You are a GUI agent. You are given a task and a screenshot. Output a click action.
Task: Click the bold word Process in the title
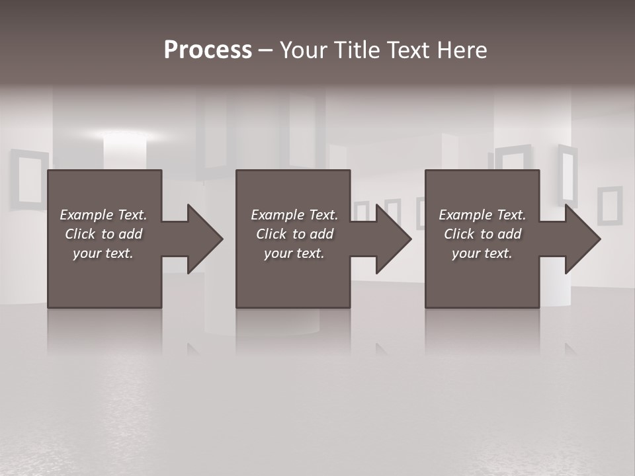click(x=208, y=50)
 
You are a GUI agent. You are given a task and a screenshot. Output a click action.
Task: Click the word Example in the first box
click(x=87, y=215)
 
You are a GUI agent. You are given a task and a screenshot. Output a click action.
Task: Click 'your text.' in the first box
click(x=103, y=253)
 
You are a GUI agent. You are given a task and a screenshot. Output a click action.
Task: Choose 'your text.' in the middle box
click(x=294, y=253)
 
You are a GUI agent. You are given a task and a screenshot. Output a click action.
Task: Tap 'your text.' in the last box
click(x=482, y=253)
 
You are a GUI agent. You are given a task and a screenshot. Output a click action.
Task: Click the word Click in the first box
click(x=80, y=234)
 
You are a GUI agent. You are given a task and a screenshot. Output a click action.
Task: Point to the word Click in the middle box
click(x=271, y=234)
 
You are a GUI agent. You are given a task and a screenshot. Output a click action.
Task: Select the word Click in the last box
click(x=459, y=234)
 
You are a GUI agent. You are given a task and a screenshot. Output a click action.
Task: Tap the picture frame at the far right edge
click(x=609, y=206)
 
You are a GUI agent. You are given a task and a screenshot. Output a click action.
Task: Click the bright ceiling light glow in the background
click(x=126, y=136)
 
